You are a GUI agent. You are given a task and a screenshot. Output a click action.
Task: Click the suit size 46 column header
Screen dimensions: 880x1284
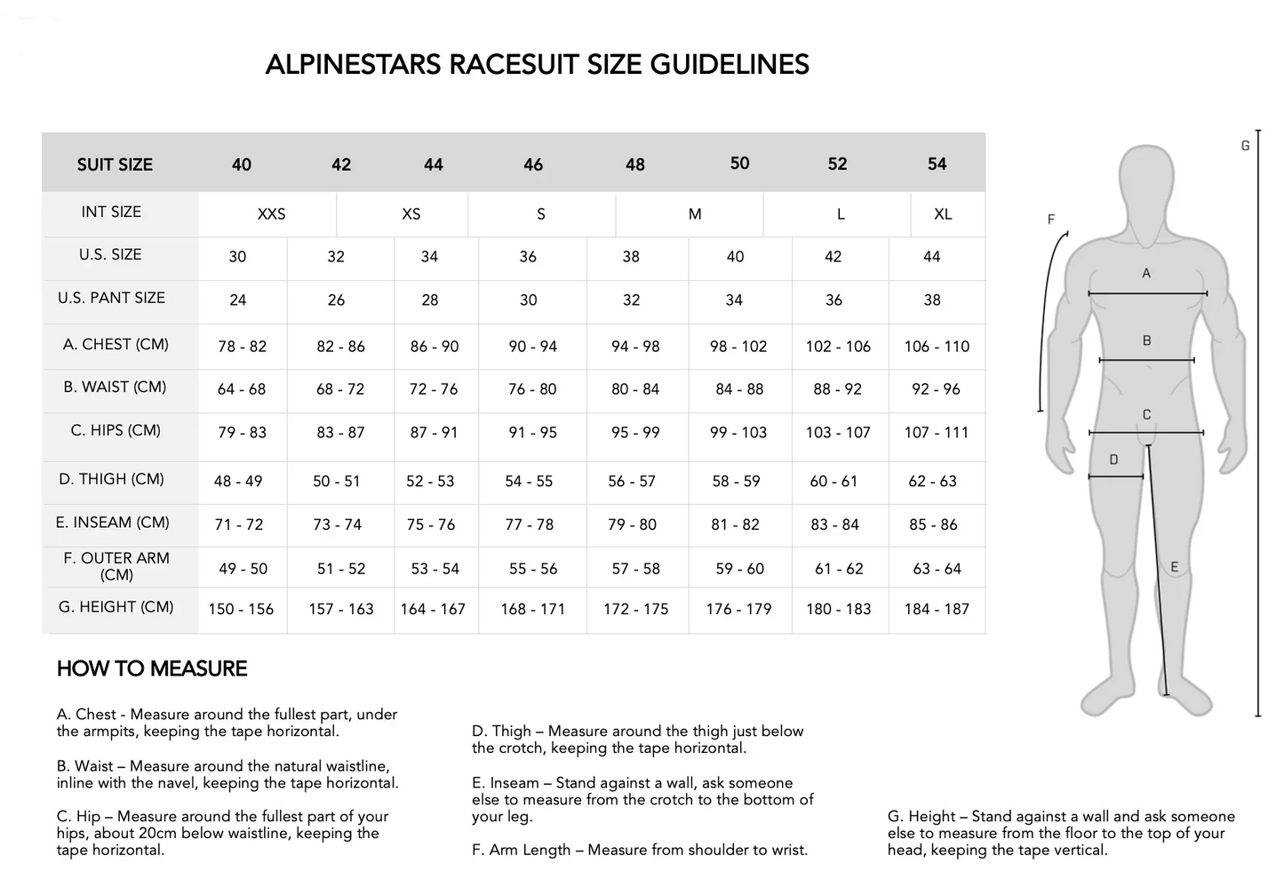pos(533,164)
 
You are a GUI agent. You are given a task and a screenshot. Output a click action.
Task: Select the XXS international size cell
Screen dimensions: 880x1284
pos(271,214)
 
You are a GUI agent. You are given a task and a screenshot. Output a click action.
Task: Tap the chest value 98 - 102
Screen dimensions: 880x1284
pos(738,347)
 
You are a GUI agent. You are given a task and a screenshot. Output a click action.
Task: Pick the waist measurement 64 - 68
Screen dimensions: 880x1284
pos(242,389)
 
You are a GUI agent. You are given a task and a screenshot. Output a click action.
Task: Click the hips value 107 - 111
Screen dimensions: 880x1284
pos(936,433)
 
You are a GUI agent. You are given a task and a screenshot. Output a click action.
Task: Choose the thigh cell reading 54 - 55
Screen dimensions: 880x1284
pos(529,481)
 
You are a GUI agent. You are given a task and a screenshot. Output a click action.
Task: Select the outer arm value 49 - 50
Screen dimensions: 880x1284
pos(243,569)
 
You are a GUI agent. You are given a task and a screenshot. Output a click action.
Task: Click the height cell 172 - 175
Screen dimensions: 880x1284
pos(635,610)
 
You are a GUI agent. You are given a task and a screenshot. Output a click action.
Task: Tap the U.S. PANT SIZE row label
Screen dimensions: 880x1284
pos(111,298)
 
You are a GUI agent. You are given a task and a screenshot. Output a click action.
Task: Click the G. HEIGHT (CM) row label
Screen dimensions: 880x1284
pos(116,607)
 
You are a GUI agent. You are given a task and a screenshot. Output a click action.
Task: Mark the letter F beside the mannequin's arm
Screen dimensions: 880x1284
pos(1051,219)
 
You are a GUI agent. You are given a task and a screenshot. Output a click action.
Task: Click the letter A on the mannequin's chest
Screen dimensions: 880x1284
pos(1146,273)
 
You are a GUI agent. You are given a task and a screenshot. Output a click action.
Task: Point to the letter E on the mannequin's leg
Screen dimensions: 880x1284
pos(1174,566)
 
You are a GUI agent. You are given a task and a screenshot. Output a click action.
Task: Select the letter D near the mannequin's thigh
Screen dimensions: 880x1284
pos(1113,460)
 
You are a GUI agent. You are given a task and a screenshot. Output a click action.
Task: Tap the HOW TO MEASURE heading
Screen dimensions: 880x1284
pos(152,668)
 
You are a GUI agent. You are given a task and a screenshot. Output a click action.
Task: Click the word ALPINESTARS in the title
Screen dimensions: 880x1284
pos(353,65)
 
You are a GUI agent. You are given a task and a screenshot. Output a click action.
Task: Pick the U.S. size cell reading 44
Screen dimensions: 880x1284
pos(931,257)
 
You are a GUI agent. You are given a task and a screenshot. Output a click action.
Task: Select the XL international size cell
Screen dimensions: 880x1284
pos(943,214)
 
